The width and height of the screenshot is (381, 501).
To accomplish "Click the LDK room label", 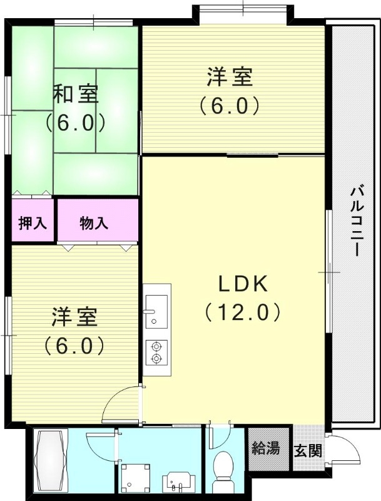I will pos(243,284).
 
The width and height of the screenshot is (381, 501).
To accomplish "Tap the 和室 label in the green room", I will pos(75,94).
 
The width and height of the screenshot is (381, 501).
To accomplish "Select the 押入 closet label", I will pos(33,223).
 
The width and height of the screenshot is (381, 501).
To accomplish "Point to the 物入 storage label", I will pos(95,223).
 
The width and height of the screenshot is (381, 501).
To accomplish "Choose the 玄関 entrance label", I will pos(308,449).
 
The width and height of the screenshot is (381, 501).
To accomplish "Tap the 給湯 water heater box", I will pos(265,448).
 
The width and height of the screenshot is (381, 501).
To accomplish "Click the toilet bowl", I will pos(223,470).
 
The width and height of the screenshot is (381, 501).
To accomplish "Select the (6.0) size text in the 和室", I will pos(75,123).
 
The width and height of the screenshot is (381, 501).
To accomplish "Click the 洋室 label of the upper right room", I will pos(230,78).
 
